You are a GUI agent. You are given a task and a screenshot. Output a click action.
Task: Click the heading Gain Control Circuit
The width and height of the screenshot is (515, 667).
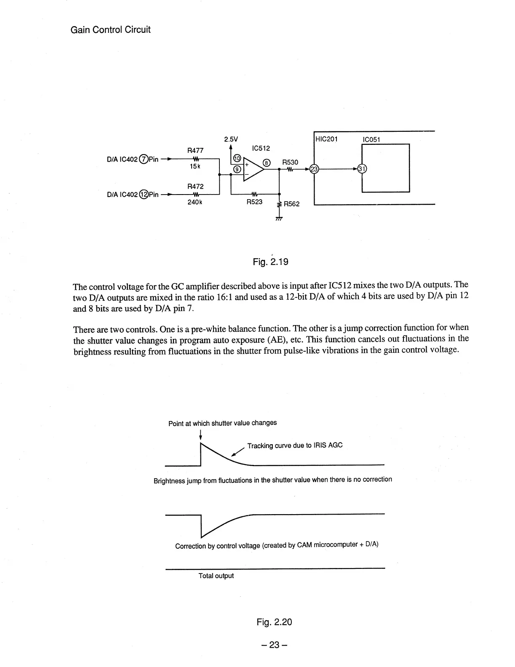(111, 30)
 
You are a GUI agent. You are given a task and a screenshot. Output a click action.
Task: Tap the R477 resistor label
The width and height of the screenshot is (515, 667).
(195, 150)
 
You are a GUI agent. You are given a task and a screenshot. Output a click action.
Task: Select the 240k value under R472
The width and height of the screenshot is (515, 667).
(195, 202)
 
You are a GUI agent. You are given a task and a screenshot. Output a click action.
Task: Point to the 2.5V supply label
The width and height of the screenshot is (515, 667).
(231, 139)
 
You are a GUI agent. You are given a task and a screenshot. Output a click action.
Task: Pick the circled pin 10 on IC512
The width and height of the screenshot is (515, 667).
(237, 158)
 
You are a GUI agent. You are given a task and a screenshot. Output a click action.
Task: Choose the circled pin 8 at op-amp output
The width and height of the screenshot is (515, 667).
(266, 163)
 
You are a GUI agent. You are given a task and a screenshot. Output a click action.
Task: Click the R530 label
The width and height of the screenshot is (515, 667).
(290, 162)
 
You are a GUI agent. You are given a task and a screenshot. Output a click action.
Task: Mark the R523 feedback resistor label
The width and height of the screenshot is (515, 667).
(254, 202)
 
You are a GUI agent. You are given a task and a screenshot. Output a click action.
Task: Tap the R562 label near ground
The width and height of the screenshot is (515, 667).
(292, 204)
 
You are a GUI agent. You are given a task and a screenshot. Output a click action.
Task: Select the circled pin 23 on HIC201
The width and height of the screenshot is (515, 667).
(314, 169)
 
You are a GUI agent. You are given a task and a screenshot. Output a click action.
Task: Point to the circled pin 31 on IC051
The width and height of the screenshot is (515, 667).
(362, 169)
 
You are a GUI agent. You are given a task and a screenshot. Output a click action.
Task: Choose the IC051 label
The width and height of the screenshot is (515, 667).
(372, 140)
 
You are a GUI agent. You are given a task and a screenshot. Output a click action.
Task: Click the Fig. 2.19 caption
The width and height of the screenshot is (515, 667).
(270, 262)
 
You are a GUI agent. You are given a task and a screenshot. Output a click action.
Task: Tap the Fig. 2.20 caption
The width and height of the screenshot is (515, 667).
(274, 622)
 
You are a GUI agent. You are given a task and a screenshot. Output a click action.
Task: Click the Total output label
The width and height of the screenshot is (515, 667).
(216, 576)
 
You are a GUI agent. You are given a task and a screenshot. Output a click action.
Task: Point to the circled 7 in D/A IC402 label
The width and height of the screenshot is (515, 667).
(144, 160)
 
